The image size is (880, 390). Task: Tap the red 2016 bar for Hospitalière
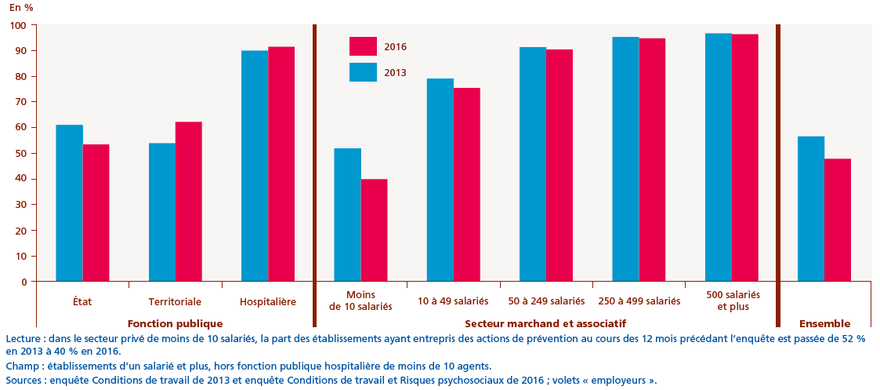tap(281, 164)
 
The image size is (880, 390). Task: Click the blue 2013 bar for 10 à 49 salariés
tap(440, 180)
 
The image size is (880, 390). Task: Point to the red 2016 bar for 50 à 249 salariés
tap(560, 165)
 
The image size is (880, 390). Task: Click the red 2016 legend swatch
tap(363, 47)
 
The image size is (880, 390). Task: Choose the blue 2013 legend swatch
tap(363, 72)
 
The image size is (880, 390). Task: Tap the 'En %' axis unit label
tap(21, 7)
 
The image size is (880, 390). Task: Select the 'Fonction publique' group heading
tap(175, 323)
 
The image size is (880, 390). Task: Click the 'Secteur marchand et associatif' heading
tap(545, 323)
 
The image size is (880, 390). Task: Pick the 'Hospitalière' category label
tap(267, 301)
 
